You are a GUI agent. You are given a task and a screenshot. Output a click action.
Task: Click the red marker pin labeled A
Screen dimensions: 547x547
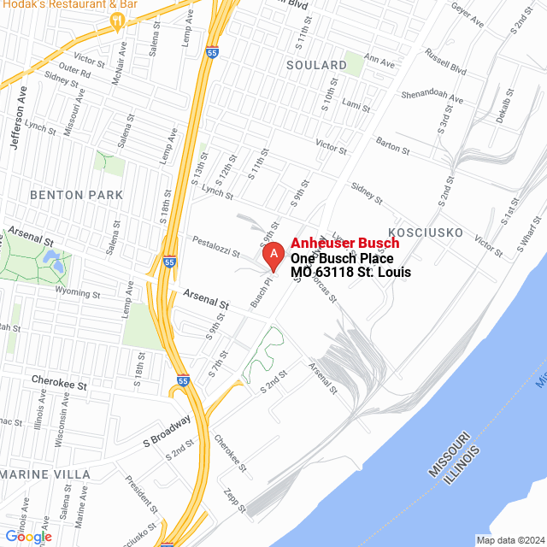pyautogui.click(x=273, y=255)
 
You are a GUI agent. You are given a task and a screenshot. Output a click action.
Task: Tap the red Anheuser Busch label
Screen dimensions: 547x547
pyautogui.click(x=344, y=244)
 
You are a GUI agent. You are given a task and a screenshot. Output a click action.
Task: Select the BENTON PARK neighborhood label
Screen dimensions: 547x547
pyautogui.click(x=76, y=195)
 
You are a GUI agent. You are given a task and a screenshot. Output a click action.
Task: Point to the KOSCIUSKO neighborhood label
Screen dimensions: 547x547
pyautogui.click(x=426, y=232)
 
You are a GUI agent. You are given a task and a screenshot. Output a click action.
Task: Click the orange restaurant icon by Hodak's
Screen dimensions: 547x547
pyautogui.click(x=118, y=21)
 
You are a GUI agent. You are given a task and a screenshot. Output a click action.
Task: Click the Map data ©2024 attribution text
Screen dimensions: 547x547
pyautogui.click(x=509, y=540)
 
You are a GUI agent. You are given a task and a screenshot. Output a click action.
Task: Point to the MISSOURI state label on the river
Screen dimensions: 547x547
pyautogui.click(x=448, y=454)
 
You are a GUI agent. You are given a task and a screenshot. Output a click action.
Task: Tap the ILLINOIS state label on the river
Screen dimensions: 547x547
pyautogui.click(x=462, y=464)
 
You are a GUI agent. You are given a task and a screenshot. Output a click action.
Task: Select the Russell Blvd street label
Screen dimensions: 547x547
pyautogui.click(x=445, y=66)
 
